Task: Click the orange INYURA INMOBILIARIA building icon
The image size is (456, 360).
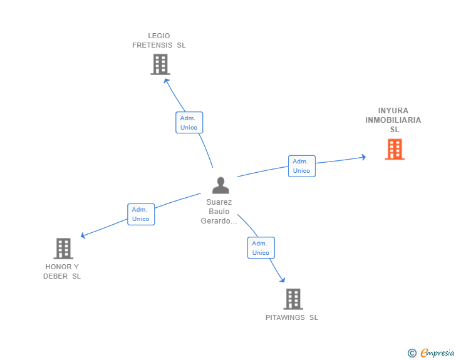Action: click(395, 149)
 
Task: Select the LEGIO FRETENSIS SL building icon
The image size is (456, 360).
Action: click(160, 64)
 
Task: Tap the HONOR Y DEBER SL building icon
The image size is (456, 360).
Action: click(63, 249)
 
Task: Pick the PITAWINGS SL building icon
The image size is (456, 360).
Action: click(293, 299)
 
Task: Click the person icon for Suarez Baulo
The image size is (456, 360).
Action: click(220, 185)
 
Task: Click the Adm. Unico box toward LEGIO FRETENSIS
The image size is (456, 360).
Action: click(189, 123)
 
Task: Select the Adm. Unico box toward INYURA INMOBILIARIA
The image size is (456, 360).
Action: click(301, 166)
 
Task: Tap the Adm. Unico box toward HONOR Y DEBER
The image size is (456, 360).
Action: click(141, 214)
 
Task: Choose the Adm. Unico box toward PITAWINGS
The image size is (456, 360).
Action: click(261, 248)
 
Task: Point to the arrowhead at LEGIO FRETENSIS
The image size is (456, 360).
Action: click(166, 81)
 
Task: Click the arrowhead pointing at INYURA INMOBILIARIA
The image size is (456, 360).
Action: click(363, 157)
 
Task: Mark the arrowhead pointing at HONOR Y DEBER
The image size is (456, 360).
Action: click(83, 235)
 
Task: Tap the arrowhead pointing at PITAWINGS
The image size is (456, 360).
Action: click(282, 280)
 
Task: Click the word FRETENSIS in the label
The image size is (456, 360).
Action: click(152, 45)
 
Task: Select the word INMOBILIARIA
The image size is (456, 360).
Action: click(393, 120)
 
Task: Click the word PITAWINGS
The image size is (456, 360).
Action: click(285, 317)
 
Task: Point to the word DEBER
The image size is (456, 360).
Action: click(55, 276)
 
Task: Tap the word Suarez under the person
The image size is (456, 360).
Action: click(219, 202)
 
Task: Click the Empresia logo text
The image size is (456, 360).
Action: click(437, 352)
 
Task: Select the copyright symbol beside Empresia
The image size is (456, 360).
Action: click(412, 353)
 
